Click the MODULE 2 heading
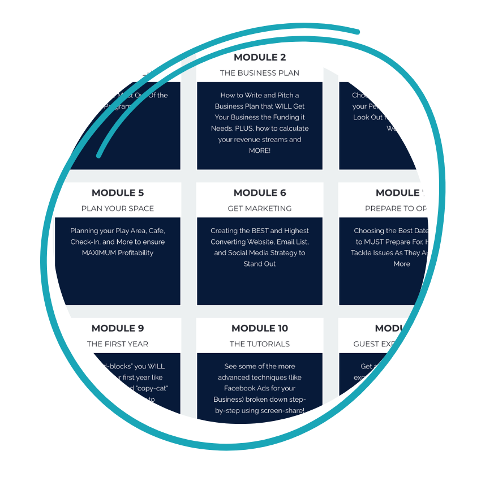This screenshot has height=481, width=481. pos(260,57)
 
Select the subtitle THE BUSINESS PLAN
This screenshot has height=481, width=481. pos(260,73)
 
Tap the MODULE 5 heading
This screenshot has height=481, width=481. pos(118,193)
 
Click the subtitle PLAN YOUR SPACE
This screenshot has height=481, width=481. pos(118,209)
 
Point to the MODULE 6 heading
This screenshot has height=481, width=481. pos(260,193)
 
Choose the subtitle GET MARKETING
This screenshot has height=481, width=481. pos(260,209)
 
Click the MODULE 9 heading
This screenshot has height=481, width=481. pos(118,328)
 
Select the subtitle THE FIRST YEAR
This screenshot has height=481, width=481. pos(118,344)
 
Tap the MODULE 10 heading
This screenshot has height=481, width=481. pos(260,328)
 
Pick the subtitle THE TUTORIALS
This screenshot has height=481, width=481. pos(260,344)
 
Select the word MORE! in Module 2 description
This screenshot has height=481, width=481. pos(260,151)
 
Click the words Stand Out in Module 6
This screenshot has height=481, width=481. pos(260,264)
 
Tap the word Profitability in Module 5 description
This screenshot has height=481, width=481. pos(135,253)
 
